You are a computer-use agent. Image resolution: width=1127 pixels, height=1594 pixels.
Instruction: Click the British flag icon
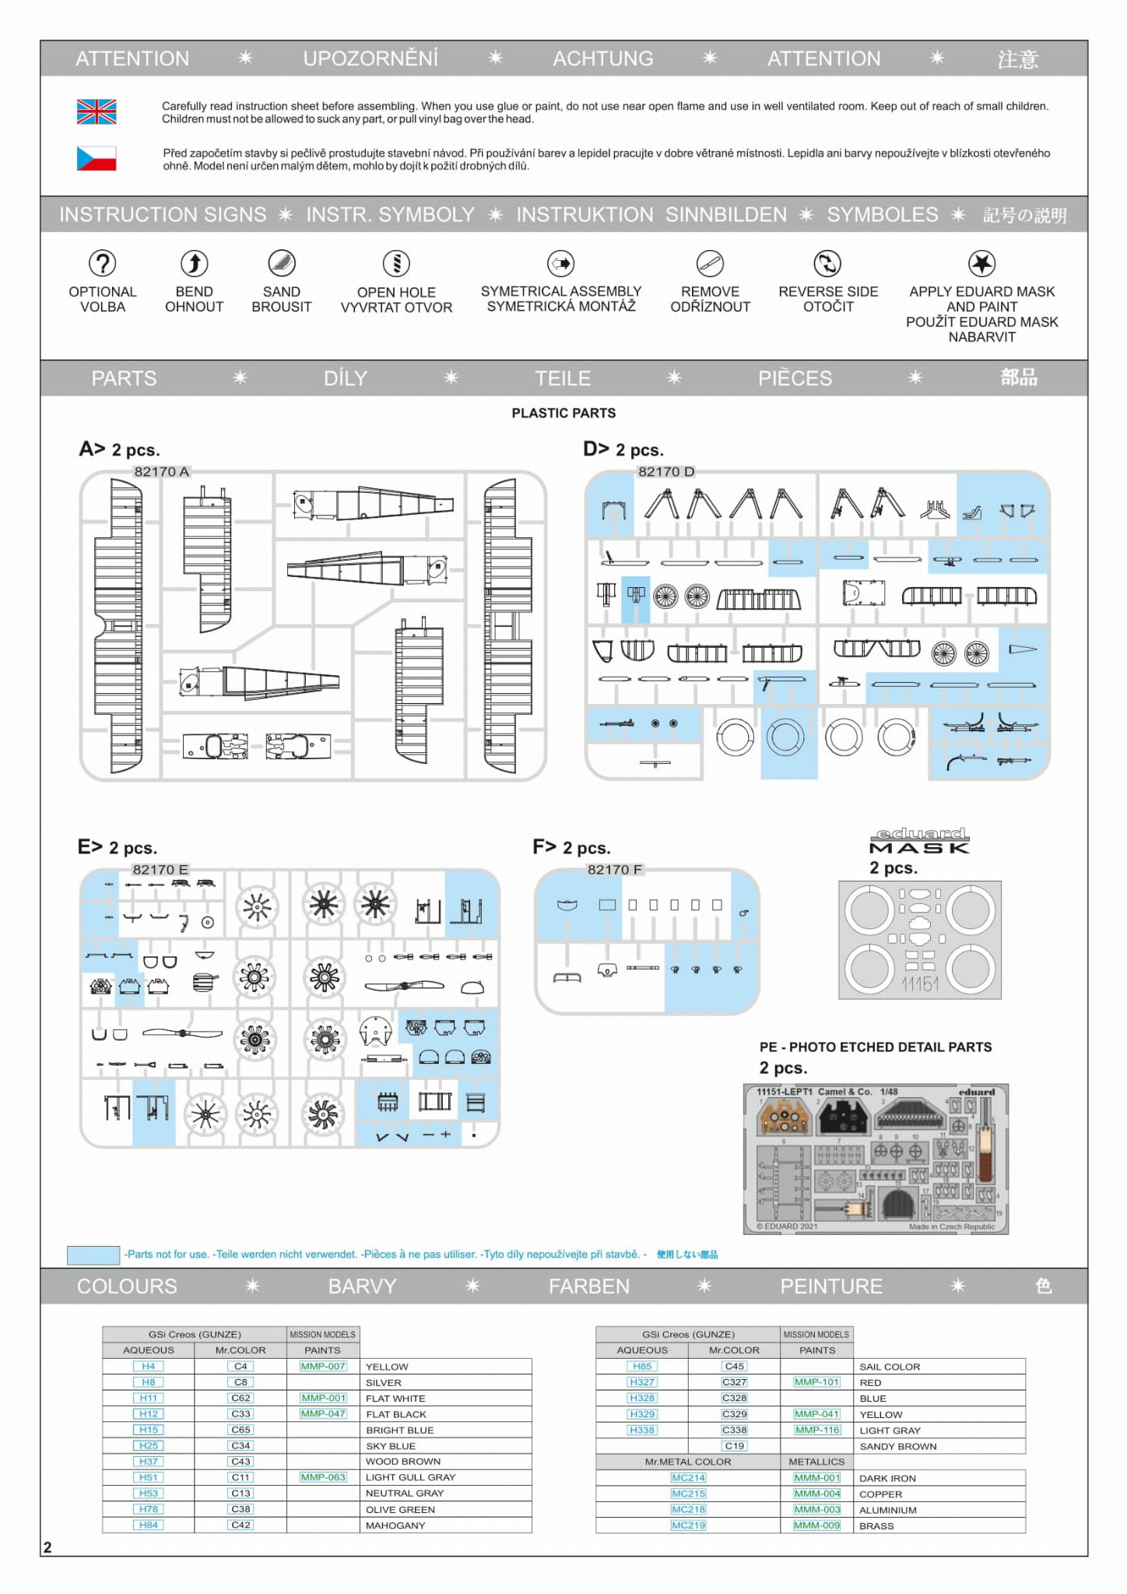pos(97,112)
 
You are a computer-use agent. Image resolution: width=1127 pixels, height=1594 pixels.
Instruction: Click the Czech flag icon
pos(97,159)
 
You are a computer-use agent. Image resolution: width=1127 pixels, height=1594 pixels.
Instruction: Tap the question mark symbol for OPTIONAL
pos(102,263)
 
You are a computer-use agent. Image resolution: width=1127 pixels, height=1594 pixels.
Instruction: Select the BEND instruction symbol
pos(194,263)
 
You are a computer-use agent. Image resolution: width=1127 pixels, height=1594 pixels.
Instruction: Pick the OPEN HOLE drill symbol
pos(396,263)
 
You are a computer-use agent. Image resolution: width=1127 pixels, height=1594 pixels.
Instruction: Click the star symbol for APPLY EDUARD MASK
pos(981,263)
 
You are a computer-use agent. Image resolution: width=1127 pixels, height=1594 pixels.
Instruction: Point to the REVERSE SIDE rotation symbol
pos(827,263)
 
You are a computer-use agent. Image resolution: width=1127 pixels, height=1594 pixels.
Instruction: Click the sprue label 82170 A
pos(161,472)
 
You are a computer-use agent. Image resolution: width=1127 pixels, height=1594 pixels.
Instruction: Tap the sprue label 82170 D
pos(666,472)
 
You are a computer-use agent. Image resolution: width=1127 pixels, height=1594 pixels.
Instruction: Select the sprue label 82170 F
pos(615,870)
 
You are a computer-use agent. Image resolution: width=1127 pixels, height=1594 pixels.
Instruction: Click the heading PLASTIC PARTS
pos(563,413)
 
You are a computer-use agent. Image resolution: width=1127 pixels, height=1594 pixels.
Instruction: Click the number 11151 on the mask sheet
pos(920,985)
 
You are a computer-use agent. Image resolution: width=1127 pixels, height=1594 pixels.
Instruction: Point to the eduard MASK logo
pos(919,841)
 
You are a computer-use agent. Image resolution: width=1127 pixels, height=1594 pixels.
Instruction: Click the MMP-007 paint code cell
pos(323,1367)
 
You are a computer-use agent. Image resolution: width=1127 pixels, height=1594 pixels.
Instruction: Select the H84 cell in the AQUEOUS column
pos(149,1525)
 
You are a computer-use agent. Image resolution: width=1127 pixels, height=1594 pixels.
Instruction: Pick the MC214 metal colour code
pos(688,1478)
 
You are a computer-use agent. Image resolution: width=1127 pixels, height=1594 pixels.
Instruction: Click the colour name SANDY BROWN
pos(898,1447)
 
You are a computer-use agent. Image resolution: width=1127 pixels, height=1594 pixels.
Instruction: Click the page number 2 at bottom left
pos(47,1547)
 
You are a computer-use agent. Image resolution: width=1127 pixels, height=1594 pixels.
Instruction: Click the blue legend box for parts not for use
pos(93,1254)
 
